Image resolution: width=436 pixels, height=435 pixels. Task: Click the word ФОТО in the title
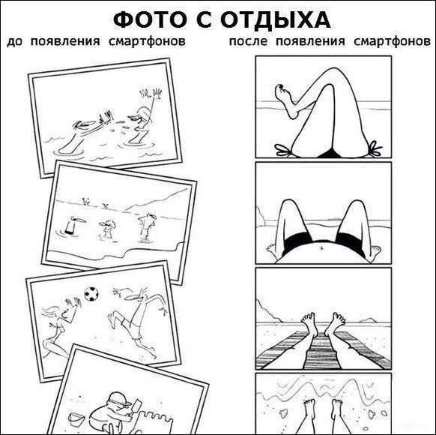pos(150,20)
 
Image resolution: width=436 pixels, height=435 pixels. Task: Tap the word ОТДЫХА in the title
pos(276,21)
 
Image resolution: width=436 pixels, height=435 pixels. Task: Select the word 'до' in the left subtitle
pos(14,42)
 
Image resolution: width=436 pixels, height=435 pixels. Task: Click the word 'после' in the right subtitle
pos(248,42)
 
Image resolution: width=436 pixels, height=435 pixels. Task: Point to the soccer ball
pos(91,294)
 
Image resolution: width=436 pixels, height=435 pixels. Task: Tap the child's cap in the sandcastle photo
pos(119,399)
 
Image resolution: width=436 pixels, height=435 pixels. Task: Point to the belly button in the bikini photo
pos(322,247)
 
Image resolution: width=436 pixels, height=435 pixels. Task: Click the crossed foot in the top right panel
pos(286,100)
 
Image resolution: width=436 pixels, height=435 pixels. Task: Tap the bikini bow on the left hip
pos(284,150)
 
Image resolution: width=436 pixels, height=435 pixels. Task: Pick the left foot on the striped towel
pos(309,322)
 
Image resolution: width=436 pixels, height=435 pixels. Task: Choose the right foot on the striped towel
pos(335,322)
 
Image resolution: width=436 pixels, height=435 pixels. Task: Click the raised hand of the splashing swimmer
pos(151,94)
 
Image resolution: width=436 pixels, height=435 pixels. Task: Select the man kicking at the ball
pos(136,320)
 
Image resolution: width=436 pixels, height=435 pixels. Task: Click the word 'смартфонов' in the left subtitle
pos(147,42)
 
